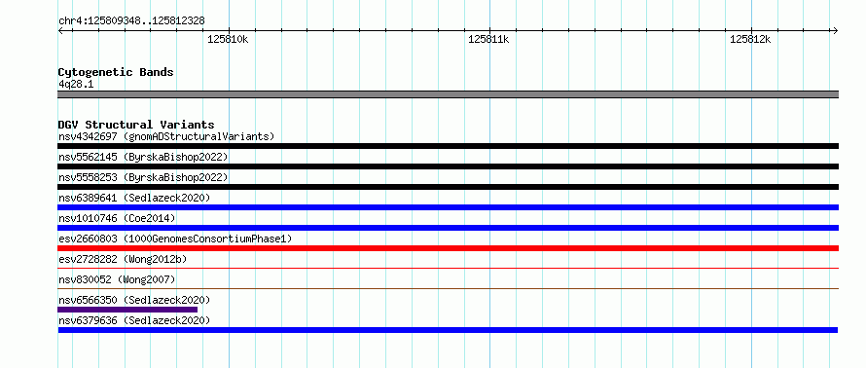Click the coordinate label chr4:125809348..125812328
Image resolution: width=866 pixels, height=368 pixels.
tap(131, 21)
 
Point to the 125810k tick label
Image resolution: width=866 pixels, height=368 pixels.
tap(228, 40)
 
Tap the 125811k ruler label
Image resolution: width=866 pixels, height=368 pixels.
tap(488, 40)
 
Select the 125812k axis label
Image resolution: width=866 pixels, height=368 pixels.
tap(750, 40)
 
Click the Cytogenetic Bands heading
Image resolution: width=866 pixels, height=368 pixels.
tap(116, 72)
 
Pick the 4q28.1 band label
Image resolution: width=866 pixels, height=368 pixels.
tap(75, 84)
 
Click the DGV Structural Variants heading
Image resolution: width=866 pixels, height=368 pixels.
tap(136, 125)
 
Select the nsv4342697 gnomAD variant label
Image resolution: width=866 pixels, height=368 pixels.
tap(166, 136)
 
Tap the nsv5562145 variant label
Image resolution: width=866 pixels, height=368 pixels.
tap(143, 157)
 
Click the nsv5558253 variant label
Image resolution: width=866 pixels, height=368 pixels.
tap(143, 177)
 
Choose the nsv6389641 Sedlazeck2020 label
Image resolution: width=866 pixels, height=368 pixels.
tap(134, 198)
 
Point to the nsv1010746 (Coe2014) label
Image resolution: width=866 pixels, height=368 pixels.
tap(117, 218)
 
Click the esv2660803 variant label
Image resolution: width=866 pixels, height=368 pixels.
tap(175, 239)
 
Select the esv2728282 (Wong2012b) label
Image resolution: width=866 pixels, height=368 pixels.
tap(126, 259)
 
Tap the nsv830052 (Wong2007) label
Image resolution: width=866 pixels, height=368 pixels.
tap(117, 279)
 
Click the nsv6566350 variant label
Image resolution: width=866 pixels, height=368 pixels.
tap(134, 300)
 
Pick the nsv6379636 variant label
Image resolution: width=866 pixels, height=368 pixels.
tap(134, 320)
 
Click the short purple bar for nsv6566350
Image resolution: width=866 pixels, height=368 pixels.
tap(127, 310)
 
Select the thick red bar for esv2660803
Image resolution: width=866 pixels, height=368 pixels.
tap(448, 248)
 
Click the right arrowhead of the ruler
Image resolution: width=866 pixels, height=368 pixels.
tap(836, 30)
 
